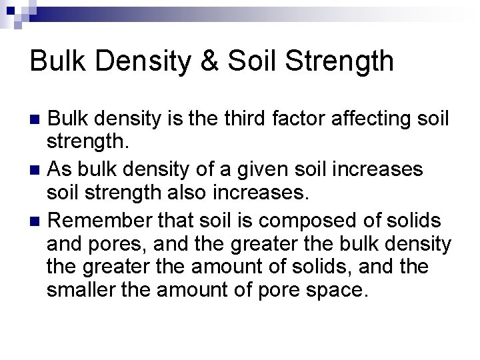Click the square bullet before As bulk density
click(x=37, y=169)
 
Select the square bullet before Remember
click(x=37, y=218)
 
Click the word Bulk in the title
click(x=54, y=61)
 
